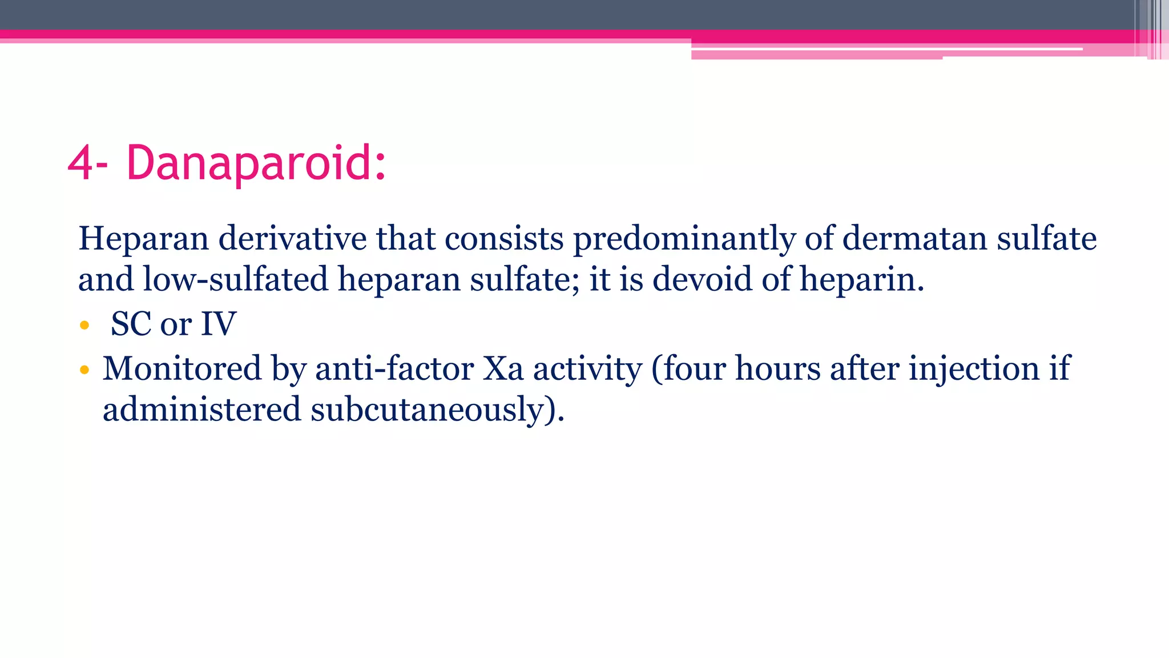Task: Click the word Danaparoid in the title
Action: pos(256,163)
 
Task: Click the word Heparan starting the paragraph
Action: pos(143,239)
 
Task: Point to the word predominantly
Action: pos(684,239)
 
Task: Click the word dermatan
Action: pos(914,239)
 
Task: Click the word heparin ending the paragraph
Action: pos(861,280)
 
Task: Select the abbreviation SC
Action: pos(131,324)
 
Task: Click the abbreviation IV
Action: pos(218,324)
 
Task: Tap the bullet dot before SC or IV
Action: pos(84,326)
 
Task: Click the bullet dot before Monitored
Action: pos(84,370)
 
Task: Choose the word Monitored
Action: pos(182,368)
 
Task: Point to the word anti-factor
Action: pos(394,368)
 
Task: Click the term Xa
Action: pos(503,368)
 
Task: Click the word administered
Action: pos(201,410)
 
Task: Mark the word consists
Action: pos(504,239)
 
